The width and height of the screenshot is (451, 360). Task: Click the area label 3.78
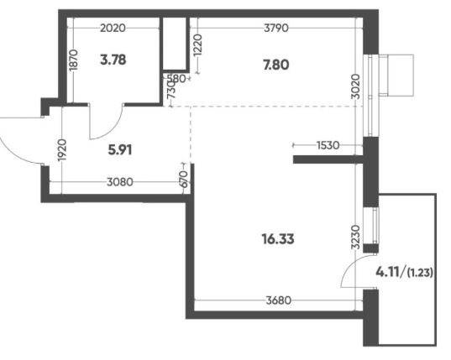tap(113, 60)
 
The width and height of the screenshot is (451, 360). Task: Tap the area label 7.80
tap(276, 65)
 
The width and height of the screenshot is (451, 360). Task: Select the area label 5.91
tap(120, 150)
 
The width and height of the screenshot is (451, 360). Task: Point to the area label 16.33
tap(278, 239)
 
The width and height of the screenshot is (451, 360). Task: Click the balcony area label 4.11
tap(388, 272)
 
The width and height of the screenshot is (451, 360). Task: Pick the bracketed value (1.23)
tap(420, 273)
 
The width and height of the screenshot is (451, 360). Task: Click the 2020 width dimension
tap(113, 29)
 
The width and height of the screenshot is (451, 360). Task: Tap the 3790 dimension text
tap(276, 29)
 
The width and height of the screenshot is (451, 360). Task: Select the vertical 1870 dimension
tap(73, 60)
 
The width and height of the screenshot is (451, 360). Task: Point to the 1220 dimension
tap(197, 45)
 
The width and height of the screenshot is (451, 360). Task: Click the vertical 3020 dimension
tap(356, 86)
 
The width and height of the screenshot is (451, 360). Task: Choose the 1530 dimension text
tap(328, 145)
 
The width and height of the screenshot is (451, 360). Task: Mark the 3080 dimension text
tap(119, 182)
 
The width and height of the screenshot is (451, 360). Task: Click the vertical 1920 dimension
tap(62, 150)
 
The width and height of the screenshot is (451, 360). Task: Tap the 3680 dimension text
tap(279, 300)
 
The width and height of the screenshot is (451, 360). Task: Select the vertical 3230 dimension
tap(356, 237)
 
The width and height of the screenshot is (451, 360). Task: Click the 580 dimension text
tap(176, 78)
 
